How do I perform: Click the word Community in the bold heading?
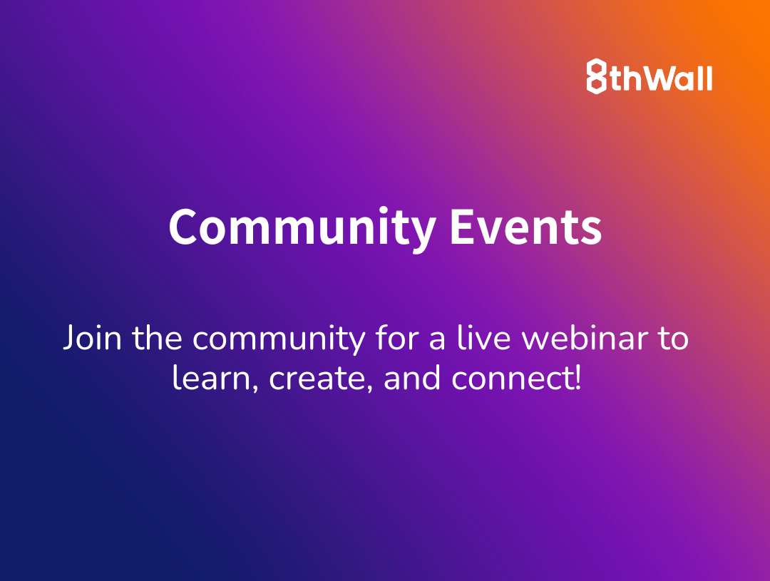[x=302, y=228]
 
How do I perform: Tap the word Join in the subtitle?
[x=92, y=337]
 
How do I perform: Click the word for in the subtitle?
[x=397, y=337]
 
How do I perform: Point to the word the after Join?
[x=157, y=337]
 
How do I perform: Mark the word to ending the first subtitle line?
[x=673, y=338]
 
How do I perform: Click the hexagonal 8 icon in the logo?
[x=596, y=76]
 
